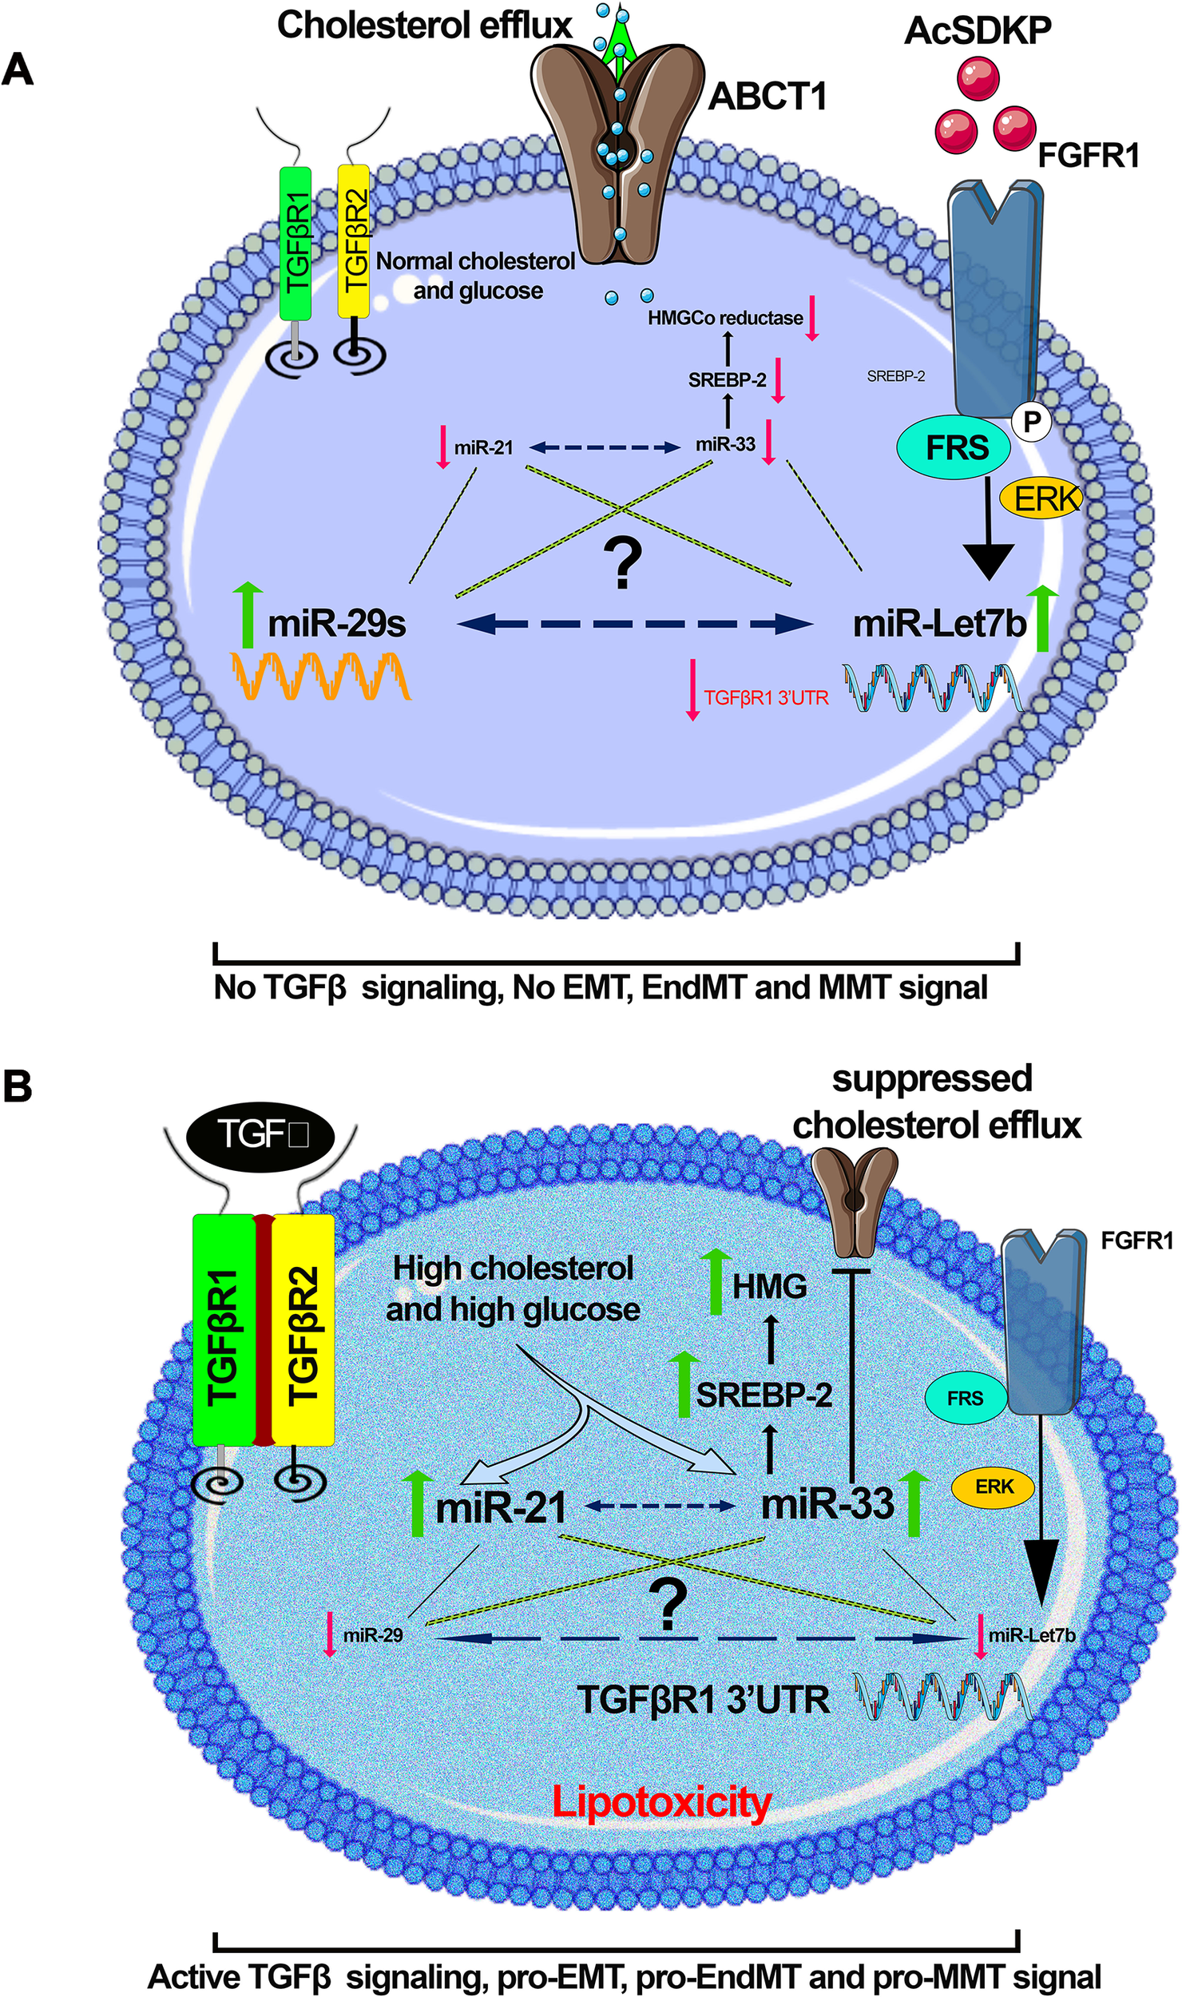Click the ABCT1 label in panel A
click(767, 97)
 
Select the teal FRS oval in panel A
click(956, 448)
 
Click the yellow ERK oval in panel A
click(1047, 499)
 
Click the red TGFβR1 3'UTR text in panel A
click(765, 698)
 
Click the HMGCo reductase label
click(724, 318)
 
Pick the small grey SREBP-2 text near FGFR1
click(895, 376)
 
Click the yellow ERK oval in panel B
click(994, 1487)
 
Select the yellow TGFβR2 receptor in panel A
click(354, 241)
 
